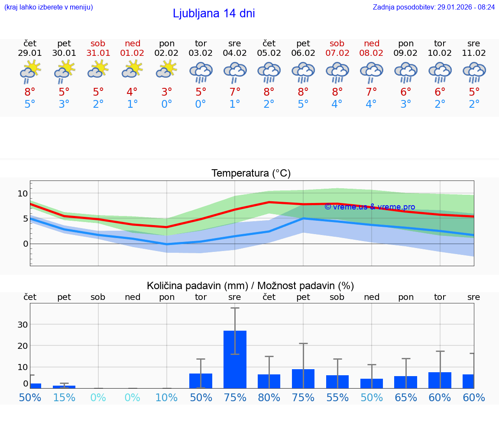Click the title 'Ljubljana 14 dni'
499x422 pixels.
[x=214, y=13]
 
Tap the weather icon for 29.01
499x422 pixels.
[x=30, y=71]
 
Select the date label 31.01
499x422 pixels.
[x=98, y=53]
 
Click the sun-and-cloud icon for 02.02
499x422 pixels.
[x=167, y=69]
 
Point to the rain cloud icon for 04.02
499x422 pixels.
[x=235, y=72]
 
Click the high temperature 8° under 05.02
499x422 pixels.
[x=269, y=92]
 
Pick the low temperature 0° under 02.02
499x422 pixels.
[x=167, y=104]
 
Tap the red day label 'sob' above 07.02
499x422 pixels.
[x=337, y=44]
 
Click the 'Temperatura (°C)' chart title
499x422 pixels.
[x=251, y=174]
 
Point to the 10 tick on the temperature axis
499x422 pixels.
[x=23, y=193]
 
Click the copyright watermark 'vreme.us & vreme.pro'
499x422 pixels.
[x=369, y=207]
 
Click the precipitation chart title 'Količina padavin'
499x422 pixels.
[x=250, y=286]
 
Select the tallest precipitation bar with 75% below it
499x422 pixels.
[x=235, y=359]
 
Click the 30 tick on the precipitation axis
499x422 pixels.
[x=23, y=325]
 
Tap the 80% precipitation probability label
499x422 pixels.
[x=269, y=398]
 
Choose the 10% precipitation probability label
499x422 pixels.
[x=167, y=398]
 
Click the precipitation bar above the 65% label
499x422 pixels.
[x=406, y=382]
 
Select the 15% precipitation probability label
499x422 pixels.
[x=64, y=398]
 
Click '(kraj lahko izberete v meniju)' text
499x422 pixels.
[x=49, y=7]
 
